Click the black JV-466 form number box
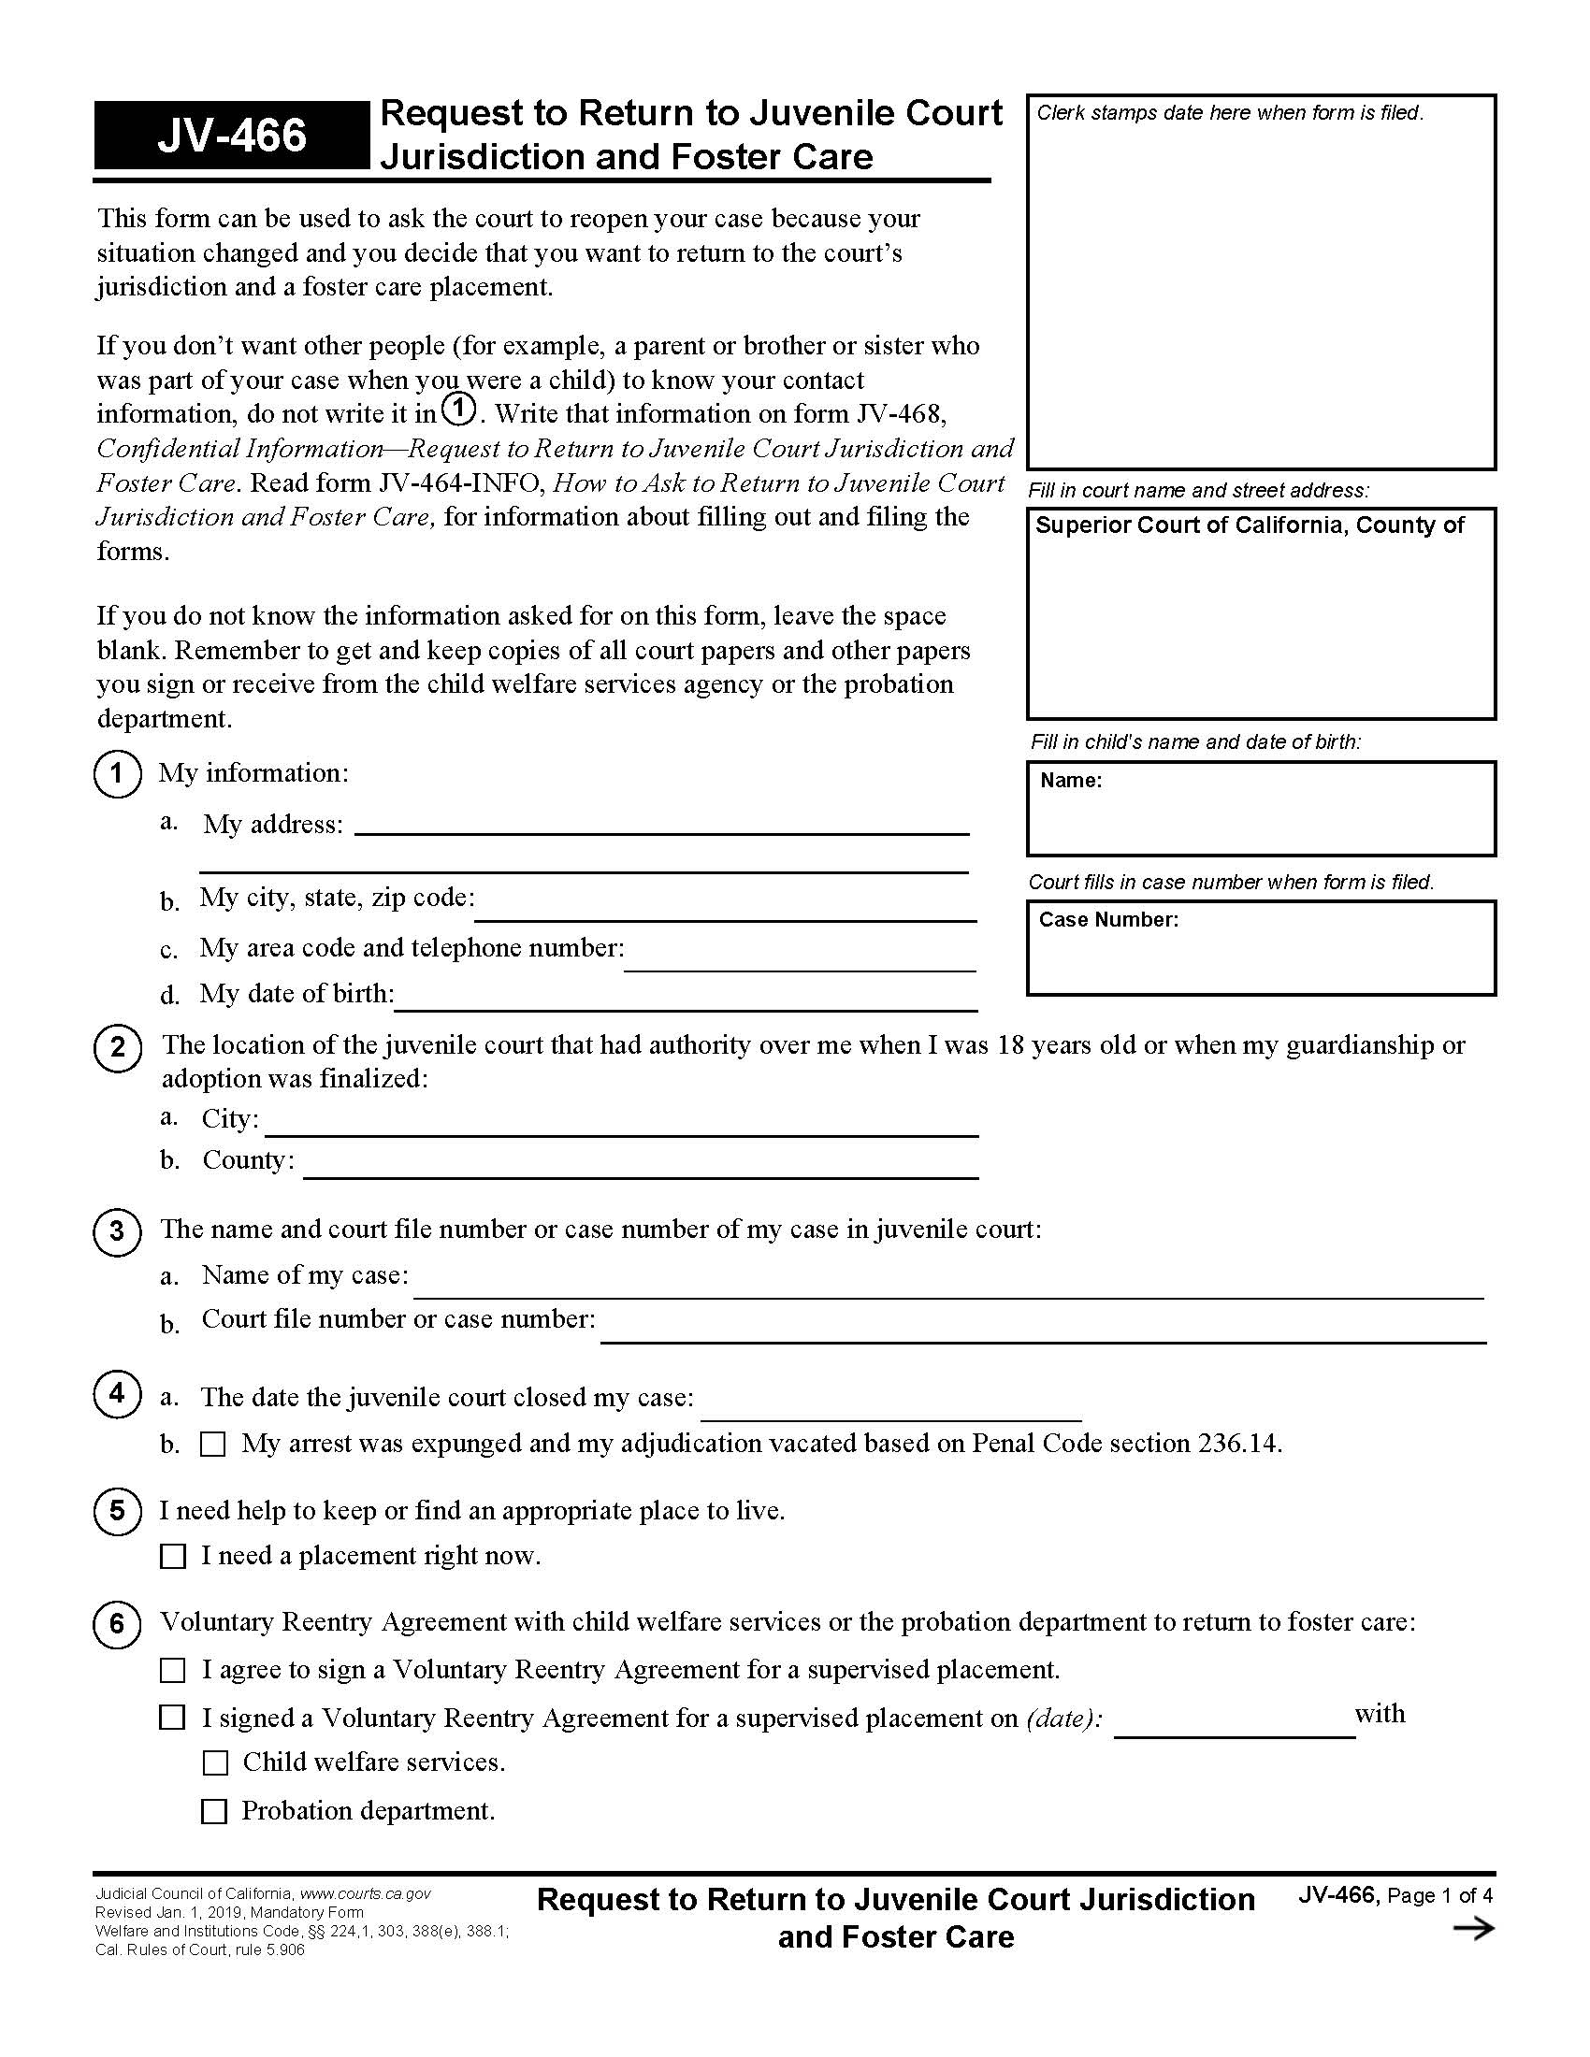click(x=231, y=135)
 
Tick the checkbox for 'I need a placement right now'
click(x=173, y=1556)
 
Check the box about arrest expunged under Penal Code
click(x=213, y=1444)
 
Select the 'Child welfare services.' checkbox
click(x=216, y=1762)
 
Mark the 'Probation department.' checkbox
click(x=215, y=1810)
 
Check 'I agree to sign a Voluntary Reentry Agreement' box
click(x=172, y=1670)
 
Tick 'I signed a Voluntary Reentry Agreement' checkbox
click(x=172, y=1717)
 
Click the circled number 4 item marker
click(x=117, y=1393)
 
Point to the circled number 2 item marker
click(x=117, y=1047)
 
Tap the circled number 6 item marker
click(x=117, y=1624)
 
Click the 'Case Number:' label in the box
click(x=1107, y=919)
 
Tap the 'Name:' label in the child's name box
click(x=1071, y=780)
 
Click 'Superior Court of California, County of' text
click(x=1249, y=525)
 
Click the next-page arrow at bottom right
click(x=1473, y=1929)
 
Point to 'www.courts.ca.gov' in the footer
click(x=366, y=1894)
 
